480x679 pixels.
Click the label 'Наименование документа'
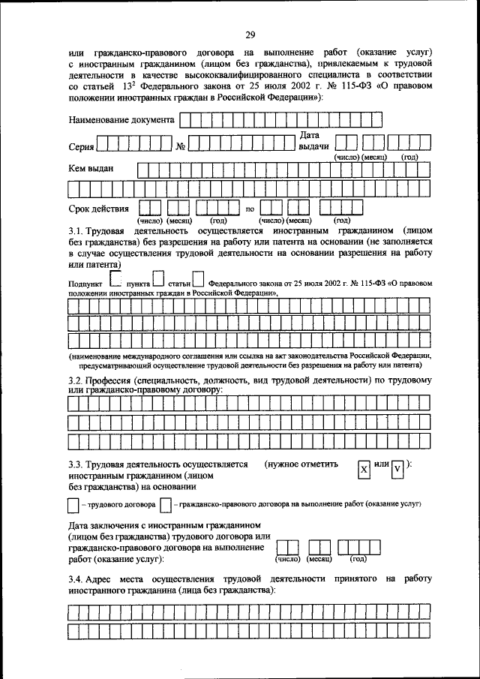[121, 119]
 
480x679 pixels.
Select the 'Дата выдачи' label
[310, 140]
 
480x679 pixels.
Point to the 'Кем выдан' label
[91, 169]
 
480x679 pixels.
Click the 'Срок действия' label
[98, 208]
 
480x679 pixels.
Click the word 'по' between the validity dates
[250, 209]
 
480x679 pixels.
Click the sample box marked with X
[363, 469]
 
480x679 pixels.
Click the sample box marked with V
[398, 469]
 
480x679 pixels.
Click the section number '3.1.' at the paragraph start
[76, 231]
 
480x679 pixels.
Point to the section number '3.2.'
[76, 380]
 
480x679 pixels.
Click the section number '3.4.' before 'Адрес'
[76, 578]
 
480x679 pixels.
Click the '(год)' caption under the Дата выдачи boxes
[409, 158]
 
